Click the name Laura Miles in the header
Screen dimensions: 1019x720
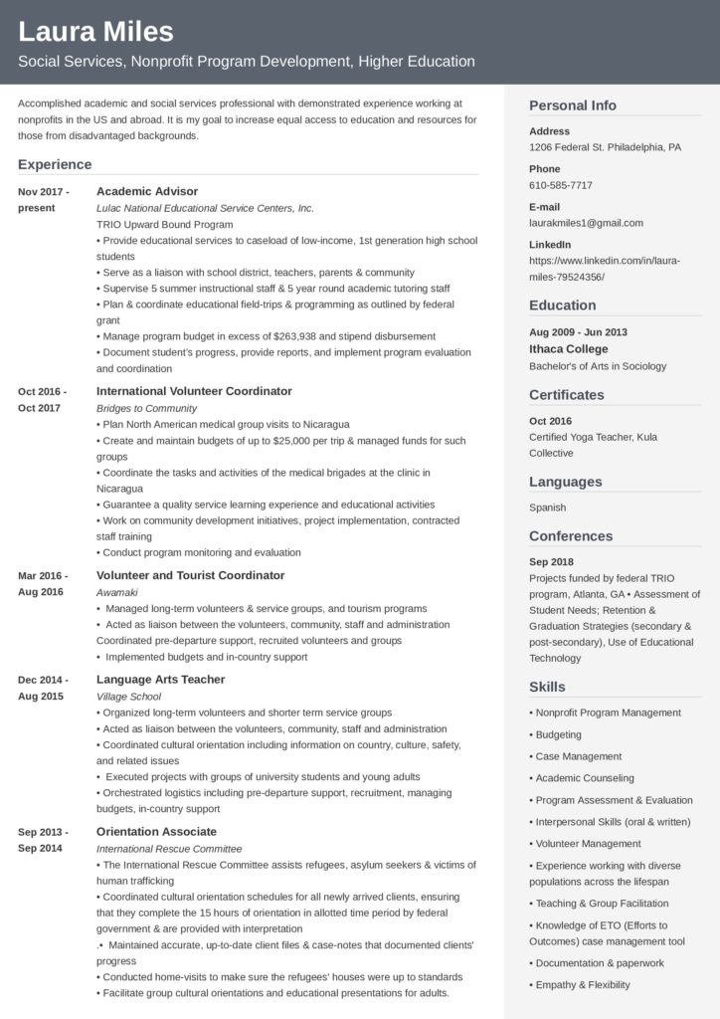pos(95,32)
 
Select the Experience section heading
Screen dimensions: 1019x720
pos(55,164)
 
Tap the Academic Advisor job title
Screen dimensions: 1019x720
pos(147,191)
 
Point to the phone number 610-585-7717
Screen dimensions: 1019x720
pos(561,185)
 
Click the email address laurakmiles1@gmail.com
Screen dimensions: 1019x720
pos(586,223)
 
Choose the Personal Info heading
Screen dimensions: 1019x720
pos(573,105)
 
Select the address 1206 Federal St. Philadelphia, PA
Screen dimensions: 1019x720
pos(605,147)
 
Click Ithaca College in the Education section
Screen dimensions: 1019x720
pos(568,349)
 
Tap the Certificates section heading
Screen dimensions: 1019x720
pos(566,395)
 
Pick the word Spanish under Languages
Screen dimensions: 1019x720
pos(548,508)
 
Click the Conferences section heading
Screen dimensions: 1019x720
pos(571,536)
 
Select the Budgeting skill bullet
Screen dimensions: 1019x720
pos(559,734)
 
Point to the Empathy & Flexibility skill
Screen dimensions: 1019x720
pos(583,985)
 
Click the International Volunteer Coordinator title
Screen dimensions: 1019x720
pos(194,391)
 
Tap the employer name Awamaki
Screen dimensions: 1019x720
pos(117,592)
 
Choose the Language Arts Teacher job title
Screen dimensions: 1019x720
pos(161,679)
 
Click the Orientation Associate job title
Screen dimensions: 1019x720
pos(156,831)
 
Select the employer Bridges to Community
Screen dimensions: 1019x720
pos(147,408)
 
